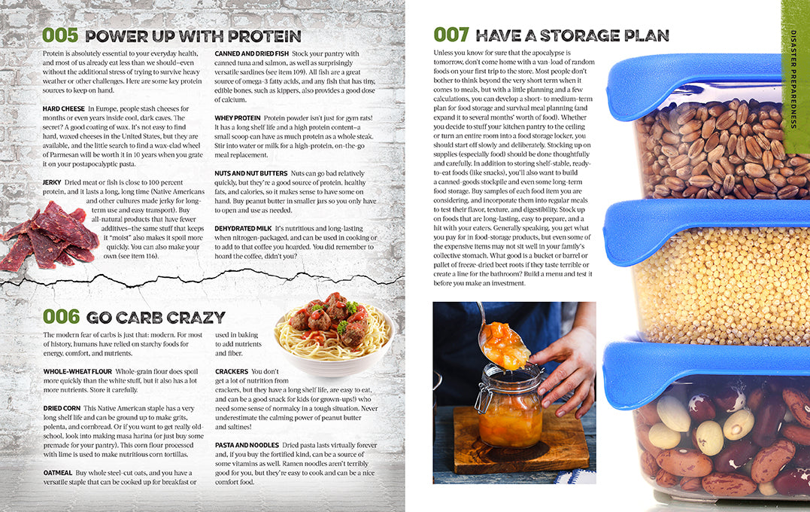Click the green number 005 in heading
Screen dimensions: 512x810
[60, 35]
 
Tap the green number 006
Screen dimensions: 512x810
[61, 317]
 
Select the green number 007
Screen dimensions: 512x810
[452, 35]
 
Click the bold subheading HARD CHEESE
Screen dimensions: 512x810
[64, 109]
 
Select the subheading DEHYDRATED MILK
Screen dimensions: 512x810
[243, 228]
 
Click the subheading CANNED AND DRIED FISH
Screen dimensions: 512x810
[251, 54]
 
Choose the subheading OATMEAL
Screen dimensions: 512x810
[58, 472]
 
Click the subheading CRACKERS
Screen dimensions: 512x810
[232, 371]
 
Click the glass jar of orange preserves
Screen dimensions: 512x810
[511, 407]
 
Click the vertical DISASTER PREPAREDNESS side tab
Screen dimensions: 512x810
[795, 75]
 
